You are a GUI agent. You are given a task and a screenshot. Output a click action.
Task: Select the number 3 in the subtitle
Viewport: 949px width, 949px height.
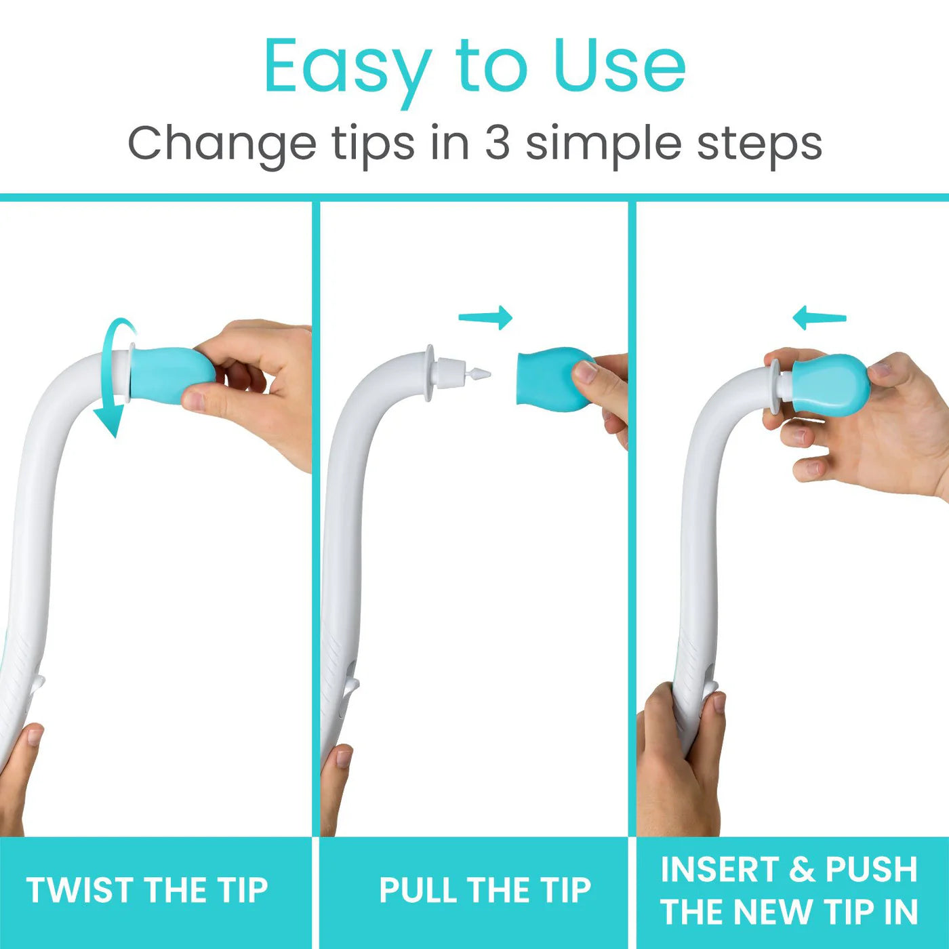point(497,143)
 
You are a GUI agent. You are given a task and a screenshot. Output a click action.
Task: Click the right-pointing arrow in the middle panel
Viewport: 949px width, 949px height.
point(486,317)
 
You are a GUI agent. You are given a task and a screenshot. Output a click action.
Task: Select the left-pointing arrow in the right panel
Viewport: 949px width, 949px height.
point(820,317)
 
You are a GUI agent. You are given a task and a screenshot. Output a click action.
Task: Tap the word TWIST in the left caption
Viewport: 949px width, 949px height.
point(81,890)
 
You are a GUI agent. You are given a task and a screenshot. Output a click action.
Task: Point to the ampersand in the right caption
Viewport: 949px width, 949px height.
point(803,870)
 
